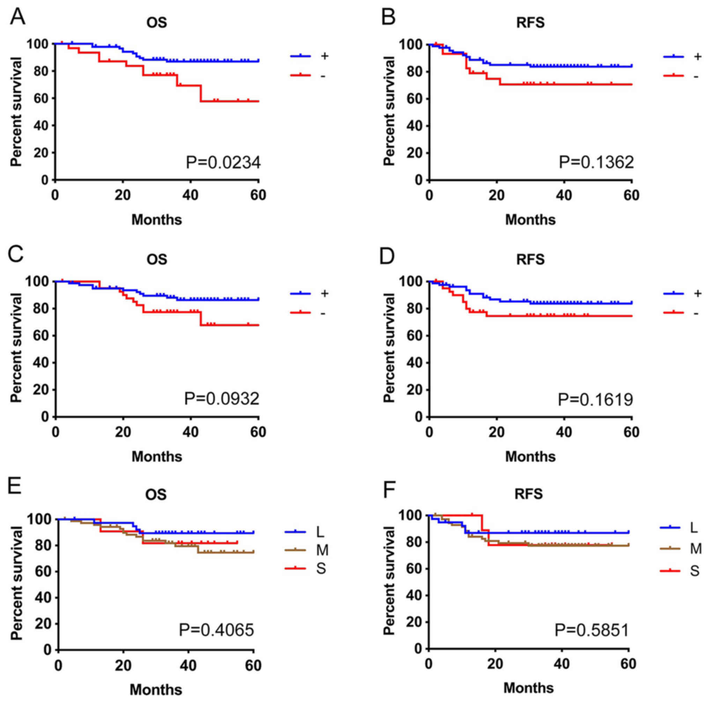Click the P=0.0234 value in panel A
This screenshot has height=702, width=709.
223,162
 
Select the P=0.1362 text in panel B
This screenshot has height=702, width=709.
596,162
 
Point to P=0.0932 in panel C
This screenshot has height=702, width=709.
222,399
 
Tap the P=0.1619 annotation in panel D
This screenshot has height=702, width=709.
596,399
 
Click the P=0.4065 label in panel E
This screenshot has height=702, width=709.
216,630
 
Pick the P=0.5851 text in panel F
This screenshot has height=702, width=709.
592,630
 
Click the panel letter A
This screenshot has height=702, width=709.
17,16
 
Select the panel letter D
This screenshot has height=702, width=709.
387,255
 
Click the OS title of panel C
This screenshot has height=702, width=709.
157,260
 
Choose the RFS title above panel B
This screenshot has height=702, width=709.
530,23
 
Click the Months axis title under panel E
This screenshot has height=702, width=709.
156,689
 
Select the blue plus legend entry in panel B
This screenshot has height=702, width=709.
682,57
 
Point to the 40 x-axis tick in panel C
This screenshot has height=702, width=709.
191,432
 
